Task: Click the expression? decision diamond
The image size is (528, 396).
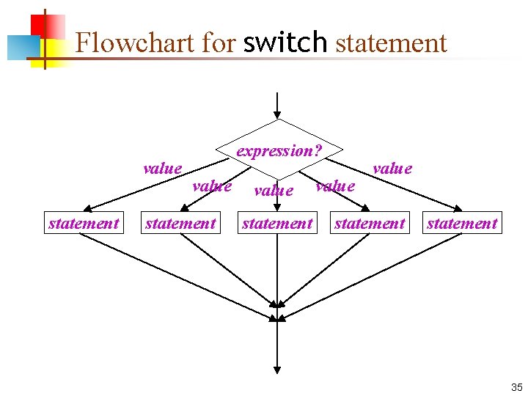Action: point(278,150)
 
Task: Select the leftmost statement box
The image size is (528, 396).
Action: point(84,223)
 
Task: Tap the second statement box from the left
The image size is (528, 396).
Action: point(180,223)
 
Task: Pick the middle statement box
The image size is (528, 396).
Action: point(277,223)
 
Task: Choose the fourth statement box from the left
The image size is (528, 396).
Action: point(370,223)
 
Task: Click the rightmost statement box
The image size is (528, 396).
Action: point(462,223)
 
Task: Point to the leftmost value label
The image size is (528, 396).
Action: point(163,169)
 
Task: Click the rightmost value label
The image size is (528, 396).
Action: point(392,169)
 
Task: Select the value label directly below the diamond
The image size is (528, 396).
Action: point(274,191)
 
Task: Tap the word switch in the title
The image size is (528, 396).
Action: point(285,43)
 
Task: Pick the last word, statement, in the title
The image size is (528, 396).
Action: point(391,43)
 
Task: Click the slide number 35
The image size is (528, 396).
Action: point(516,387)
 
